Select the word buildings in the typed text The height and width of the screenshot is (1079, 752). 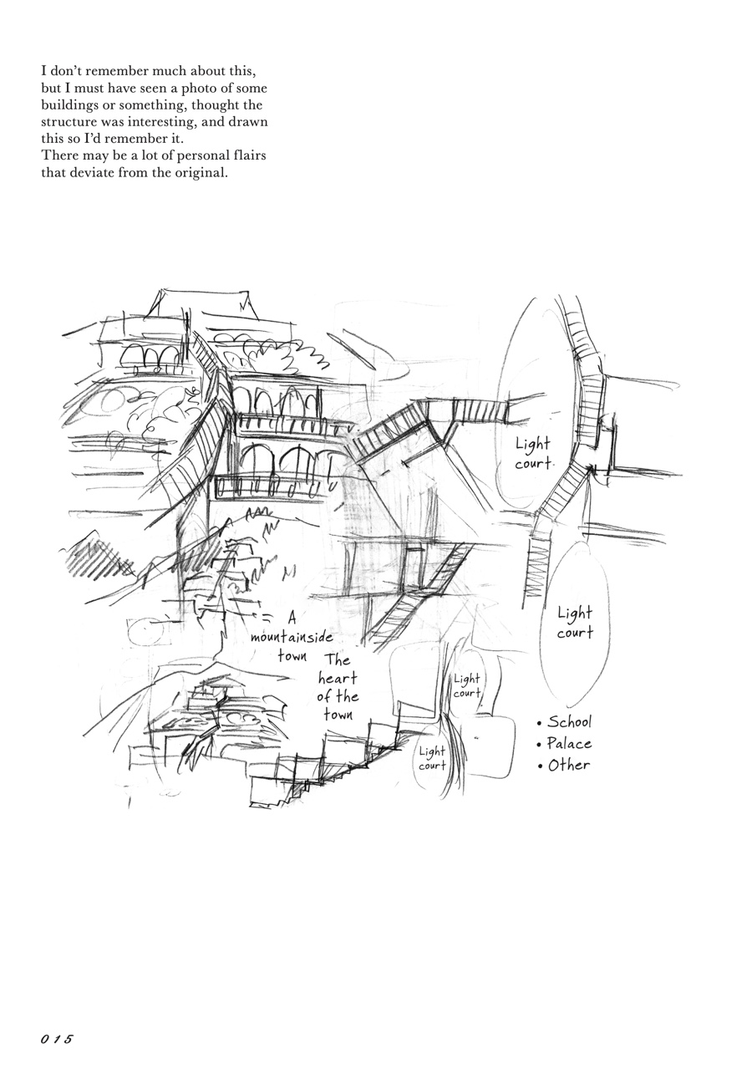(69, 105)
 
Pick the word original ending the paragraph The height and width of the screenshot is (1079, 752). (201, 173)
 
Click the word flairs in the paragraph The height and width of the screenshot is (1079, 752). (249, 156)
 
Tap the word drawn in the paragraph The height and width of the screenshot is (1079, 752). (248, 122)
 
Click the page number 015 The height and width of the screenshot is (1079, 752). (57, 1039)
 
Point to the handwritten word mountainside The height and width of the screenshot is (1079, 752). (292, 637)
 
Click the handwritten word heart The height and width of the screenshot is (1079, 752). (338, 678)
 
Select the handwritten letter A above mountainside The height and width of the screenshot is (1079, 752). (292, 618)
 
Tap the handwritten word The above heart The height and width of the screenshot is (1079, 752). (338, 659)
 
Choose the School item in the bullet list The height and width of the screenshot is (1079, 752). (569, 721)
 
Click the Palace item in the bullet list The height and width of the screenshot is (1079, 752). (569, 743)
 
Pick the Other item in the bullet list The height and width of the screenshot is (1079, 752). (569, 765)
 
